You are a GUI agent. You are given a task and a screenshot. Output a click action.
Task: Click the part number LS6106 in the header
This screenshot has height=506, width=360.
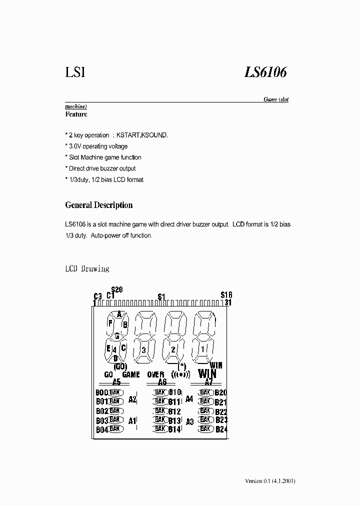coord(265,72)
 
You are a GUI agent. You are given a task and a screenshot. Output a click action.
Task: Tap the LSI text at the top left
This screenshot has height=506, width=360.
coord(75,72)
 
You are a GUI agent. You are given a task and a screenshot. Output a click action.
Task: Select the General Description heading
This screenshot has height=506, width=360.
coord(99,205)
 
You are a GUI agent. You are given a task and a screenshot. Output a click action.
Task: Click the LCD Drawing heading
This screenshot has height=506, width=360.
coord(87,268)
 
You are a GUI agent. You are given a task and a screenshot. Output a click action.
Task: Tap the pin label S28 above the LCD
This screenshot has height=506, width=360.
coord(117,289)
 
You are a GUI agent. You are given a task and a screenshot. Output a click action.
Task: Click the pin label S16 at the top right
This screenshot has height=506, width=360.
coord(226,295)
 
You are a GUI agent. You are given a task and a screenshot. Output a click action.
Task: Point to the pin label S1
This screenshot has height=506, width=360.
coord(161,297)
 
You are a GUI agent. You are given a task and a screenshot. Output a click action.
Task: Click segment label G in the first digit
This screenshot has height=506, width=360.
coord(117,335)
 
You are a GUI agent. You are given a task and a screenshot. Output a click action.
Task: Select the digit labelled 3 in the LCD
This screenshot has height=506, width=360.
coord(143,349)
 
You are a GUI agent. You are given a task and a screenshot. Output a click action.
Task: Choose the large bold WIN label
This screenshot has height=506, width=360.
coord(207,373)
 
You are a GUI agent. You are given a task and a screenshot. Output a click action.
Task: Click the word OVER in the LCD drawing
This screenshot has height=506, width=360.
coord(155,374)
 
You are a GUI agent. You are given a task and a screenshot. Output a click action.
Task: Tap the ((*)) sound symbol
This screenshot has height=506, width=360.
coord(180,374)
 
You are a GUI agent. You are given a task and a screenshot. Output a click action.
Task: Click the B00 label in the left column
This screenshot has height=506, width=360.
coord(101,392)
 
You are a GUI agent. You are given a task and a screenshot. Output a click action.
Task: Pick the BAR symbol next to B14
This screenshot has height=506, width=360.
coord(160,428)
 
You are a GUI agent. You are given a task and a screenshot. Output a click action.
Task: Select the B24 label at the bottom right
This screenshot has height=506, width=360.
coord(221,429)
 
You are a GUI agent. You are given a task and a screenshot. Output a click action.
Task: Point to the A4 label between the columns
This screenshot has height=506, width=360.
coord(189,399)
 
